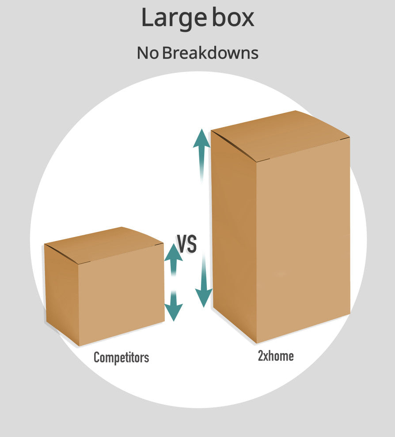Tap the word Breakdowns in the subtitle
210,53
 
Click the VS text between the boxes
187,244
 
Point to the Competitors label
122,357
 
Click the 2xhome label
276,356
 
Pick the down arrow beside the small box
174,305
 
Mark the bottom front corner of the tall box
257,343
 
